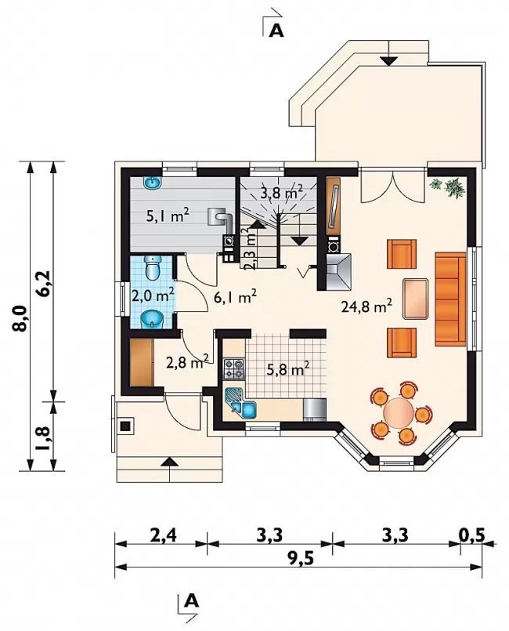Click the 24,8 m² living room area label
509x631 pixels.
pyautogui.click(x=366, y=307)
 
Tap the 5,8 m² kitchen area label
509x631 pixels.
pyautogui.click(x=288, y=368)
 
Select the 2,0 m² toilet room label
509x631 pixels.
pyautogui.click(x=153, y=296)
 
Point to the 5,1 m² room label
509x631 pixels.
pyautogui.click(x=168, y=216)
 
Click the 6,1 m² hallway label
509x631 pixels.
pyautogui.click(x=235, y=298)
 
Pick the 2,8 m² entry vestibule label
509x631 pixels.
pyautogui.click(x=187, y=362)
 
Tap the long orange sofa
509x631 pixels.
pyautogui.click(x=451, y=299)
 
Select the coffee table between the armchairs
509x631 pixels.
pyautogui.click(x=416, y=298)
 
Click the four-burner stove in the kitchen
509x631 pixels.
pyautogui.click(x=233, y=369)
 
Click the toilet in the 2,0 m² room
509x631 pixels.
pyautogui.click(x=153, y=267)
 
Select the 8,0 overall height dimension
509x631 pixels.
pyautogui.click(x=20, y=318)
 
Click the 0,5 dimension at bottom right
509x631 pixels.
pyautogui.click(x=471, y=535)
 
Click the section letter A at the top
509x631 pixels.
pyautogui.click(x=276, y=31)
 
